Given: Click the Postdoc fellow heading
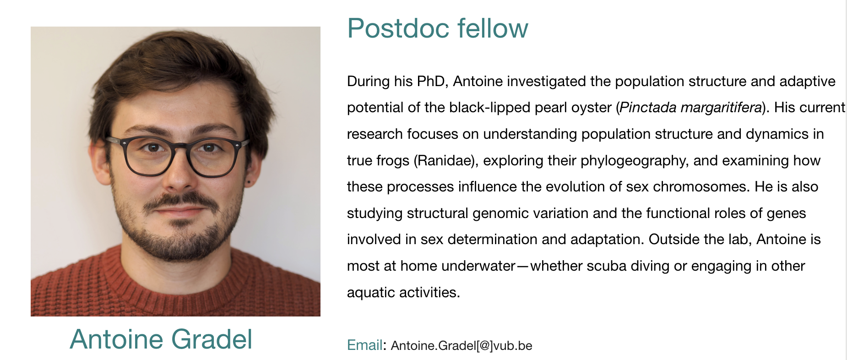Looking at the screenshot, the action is pyautogui.click(x=438, y=28).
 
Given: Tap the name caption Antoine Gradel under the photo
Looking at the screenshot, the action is pyautogui.click(x=161, y=339).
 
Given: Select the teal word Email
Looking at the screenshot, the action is pyautogui.click(x=364, y=345).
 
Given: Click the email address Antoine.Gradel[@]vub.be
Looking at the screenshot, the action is pyautogui.click(x=462, y=345).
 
